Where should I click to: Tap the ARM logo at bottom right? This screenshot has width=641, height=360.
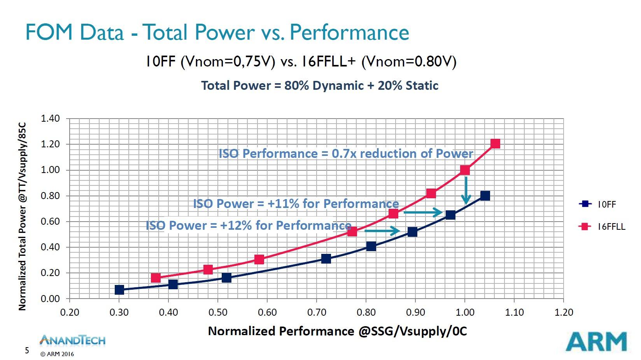pyautogui.click(x=596, y=342)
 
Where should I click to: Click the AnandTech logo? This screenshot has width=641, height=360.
pyautogui.click(x=72, y=341)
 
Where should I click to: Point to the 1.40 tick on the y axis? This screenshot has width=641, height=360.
pyautogui.click(x=51, y=119)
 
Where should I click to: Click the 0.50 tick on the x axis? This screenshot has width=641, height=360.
pyautogui.click(x=218, y=312)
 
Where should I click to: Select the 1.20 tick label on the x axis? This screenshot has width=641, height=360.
pyautogui.click(x=564, y=312)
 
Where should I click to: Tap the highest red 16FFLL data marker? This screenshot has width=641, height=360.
pyautogui.click(x=495, y=144)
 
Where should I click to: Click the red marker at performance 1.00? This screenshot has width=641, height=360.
pyautogui.click(x=465, y=170)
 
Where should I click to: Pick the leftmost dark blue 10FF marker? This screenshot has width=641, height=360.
pyautogui.click(x=119, y=290)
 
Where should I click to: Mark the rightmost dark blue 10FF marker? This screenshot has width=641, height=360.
pyautogui.click(x=485, y=196)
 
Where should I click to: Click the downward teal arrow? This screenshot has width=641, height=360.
pyautogui.click(x=466, y=190)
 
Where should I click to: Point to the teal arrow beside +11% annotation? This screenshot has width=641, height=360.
pyautogui.click(x=423, y=212)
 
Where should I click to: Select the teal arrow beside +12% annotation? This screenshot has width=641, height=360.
pyautogui.click(x=382, y=231)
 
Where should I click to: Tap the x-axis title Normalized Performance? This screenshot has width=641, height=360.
pyautogui.click(x=337, y=331)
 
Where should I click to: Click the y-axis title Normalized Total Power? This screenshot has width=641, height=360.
pyautogui.click(x=23, y=216)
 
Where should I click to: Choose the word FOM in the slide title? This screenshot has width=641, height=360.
pyautogui.click(x=49, y=32)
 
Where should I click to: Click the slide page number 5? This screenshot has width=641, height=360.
pyautogui.click(x=27, y=350)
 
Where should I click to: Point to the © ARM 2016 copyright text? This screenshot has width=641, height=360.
pyautogui.click(x=57, y=354)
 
